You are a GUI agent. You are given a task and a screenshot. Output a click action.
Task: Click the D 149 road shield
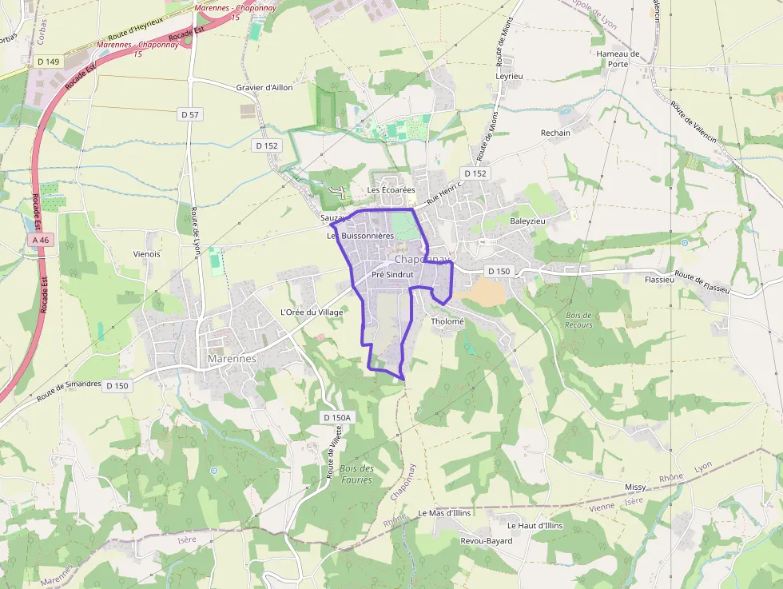click(49, 61)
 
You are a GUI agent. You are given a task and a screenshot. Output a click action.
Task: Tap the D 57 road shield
click(190, 114)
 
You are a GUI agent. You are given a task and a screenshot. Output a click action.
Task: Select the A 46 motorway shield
click(42, 240)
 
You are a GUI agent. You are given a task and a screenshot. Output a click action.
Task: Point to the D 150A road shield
click(337, 417)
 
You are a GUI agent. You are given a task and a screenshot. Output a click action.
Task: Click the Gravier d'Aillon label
click(264, 87)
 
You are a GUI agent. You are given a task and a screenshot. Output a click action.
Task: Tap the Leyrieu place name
click(509, 77)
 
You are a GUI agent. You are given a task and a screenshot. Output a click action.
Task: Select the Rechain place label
click(555, 133)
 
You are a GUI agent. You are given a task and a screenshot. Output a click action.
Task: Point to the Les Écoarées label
click(391, 190)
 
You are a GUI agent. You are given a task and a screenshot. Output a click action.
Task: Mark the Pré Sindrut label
click(392, 274)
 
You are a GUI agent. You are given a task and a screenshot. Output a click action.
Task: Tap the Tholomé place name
click(447, 321)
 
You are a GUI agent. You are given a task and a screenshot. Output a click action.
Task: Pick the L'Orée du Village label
click(312, 312)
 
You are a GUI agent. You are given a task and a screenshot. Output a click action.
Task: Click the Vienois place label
click(146, 254)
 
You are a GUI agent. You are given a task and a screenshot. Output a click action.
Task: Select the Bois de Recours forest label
click(578, 320)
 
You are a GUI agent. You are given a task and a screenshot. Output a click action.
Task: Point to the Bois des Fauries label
click(356, 474)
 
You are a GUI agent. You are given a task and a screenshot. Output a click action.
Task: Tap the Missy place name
click(635, 487)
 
